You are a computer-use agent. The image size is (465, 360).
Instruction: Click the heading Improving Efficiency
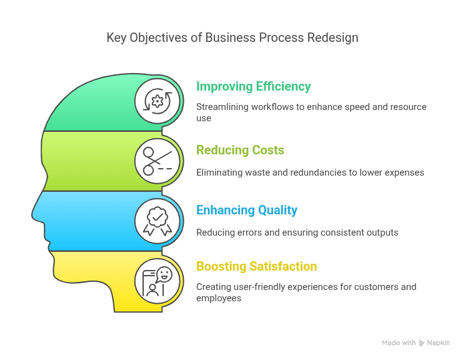[x=253, y=87]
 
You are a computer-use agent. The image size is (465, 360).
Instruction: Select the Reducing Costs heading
[x=240, y=150]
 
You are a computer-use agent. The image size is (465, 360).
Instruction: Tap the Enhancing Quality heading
[x=247, y=210]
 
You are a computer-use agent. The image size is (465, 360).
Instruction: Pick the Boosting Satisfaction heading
[x=256, y=266]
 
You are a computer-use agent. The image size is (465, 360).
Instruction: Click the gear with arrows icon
[x=157, y=101]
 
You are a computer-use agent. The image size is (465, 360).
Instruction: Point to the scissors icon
[x=157, y=161]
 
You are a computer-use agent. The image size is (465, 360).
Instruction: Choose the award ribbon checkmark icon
[x=157, y=221]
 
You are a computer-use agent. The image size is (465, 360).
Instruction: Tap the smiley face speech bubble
[x=164, y=275]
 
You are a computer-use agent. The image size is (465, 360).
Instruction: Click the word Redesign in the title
[x=332, y=38]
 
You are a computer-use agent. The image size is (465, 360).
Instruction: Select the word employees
[x=219, y=298]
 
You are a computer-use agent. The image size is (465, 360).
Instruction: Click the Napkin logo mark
[x=421, y=343]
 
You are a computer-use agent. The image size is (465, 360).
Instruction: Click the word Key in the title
[x=116, y=38]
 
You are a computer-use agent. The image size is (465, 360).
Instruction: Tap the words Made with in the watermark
[x=399, y=342]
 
